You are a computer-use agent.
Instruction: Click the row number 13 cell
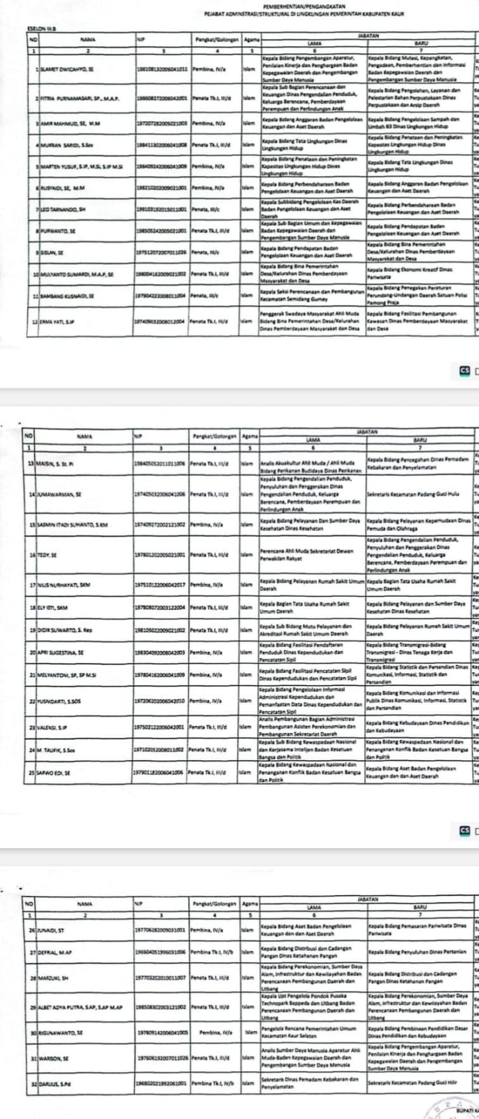[x=30, y=463]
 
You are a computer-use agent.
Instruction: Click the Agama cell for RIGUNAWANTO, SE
[x=249, y=1032]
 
